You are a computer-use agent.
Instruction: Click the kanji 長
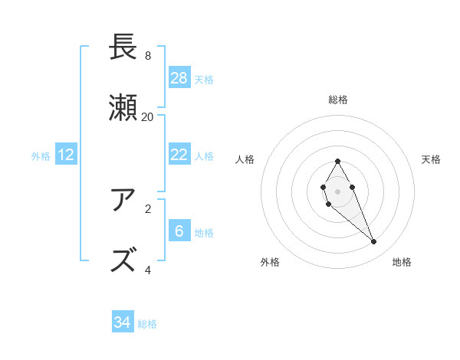coord(126,48)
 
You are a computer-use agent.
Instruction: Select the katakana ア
coord(126,201)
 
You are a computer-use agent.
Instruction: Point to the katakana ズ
coord(126,261)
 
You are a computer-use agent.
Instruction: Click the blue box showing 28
coord(179,78)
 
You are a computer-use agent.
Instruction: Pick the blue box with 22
coord(179,155)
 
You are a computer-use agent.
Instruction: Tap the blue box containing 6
coord(179,231)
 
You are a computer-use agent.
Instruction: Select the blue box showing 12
coord(66,155)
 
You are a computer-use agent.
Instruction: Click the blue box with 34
coord(123,322)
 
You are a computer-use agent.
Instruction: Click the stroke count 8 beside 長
coord(147,55)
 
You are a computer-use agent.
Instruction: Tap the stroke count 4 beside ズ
coord(147,270)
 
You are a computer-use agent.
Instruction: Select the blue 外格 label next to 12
coord(41,155)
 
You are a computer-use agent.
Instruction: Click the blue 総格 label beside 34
coord(147,323)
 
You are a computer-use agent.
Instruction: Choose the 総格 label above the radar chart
coord(338,100)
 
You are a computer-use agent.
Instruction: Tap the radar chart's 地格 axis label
coord(402,262)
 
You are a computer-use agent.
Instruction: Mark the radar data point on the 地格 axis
coord(374,242)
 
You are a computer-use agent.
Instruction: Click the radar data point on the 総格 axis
coord(337,161)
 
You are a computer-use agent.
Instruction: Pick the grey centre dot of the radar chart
coord(337,190)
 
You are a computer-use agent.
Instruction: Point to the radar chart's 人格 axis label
coord(245,159)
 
